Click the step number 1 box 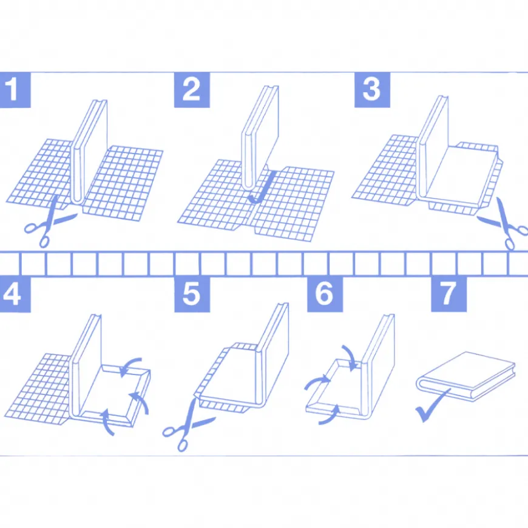click(15, 90)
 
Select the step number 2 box click(192, 90)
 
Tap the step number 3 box click(372, 90)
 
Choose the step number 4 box click(15, 294)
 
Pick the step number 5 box click(192, 294)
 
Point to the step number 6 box click(325, 294)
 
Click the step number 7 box click(449, 294)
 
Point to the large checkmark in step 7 click(432, 406)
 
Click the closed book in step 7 click(466, 376)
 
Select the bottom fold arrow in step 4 click(107, 421)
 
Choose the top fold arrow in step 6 click(350, 356)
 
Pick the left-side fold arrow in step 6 click(317, 382)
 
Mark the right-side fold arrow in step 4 click(141, 401)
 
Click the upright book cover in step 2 click(260, 137)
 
